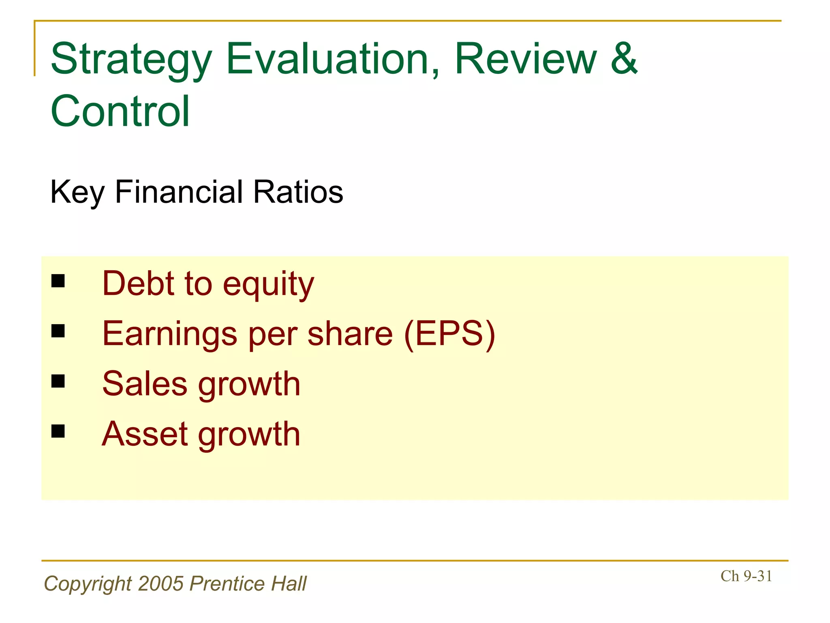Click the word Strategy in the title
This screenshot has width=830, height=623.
(131, 60)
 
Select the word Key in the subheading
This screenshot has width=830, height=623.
(77, 192)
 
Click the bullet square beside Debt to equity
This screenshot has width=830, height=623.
(58, 281)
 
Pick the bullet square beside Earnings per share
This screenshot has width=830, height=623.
(58, 331)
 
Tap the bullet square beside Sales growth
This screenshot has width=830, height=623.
(58, 381)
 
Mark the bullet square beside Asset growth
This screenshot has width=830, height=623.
(58, 431)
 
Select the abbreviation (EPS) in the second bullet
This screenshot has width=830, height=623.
(449, 333)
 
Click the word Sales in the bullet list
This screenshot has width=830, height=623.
(145, 384)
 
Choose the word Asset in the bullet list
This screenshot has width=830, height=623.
(145, 434)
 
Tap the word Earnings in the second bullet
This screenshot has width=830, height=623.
(169, 334)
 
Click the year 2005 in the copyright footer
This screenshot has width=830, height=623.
(161, 584)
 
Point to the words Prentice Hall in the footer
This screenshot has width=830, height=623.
(248, 584)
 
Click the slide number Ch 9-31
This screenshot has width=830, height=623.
(746, 576)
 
